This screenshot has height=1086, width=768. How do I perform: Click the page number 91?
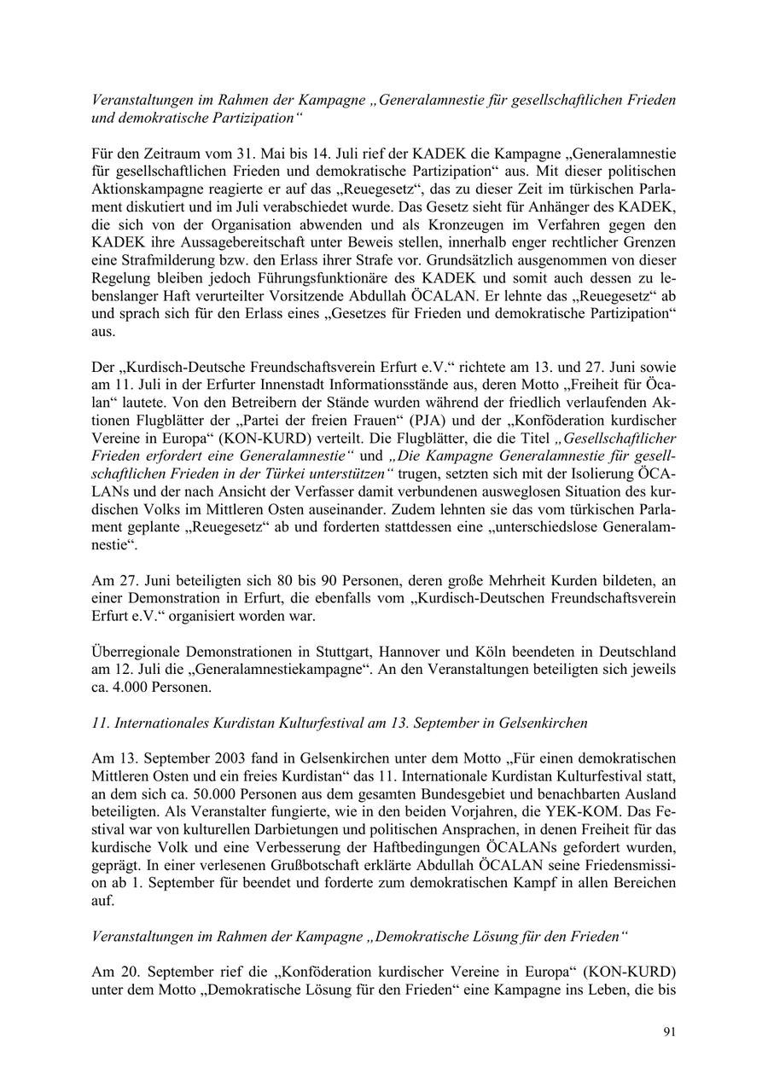coord(670,1031)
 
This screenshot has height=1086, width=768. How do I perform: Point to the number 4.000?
coord(126,687)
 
